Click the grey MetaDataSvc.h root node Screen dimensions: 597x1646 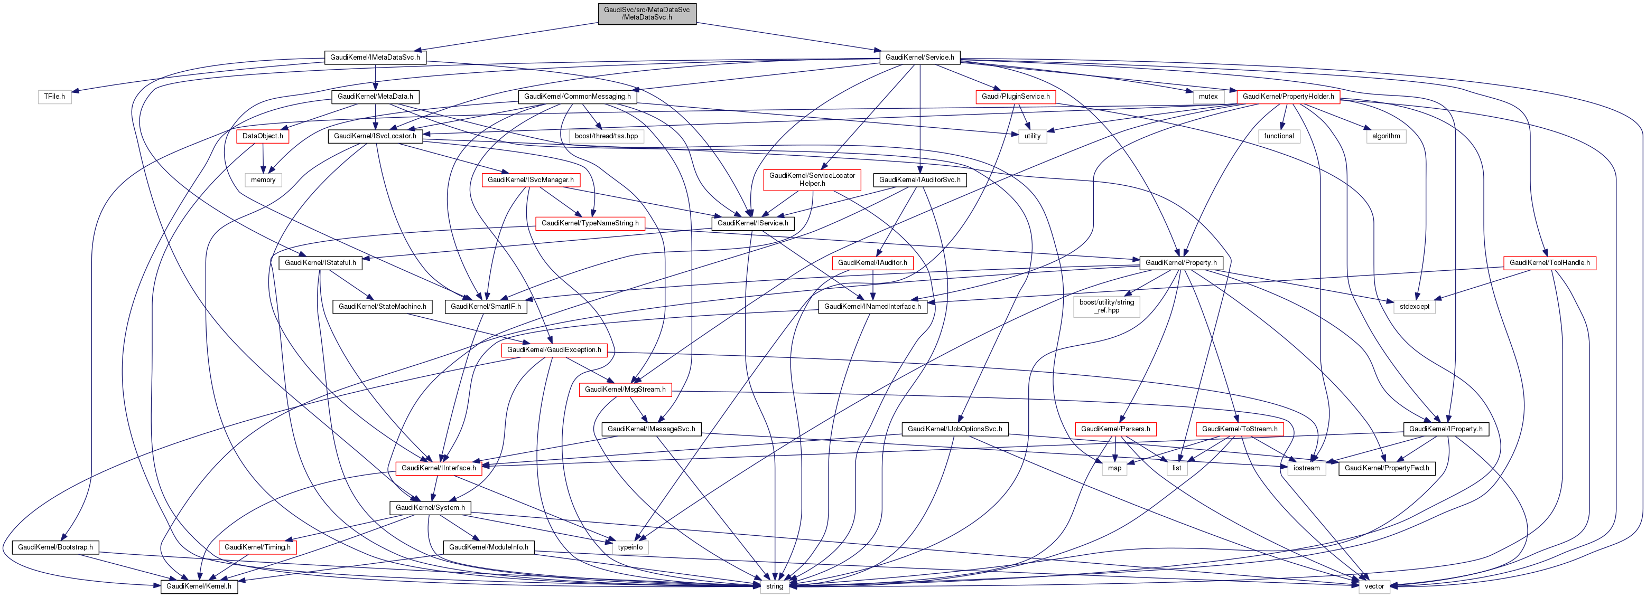click(x=647, y=13)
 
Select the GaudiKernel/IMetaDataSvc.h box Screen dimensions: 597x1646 click(x=375, y=58)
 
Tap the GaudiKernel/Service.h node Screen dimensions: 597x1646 click(x=919, y=58)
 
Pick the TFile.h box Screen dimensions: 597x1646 click(x=54, y=97)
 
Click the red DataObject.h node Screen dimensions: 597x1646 click(x=263, y=136)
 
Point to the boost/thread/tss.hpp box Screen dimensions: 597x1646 click(x=606, y=136)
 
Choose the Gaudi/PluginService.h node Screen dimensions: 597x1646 click(x=1015, y=97)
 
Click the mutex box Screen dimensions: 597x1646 click(x=1207, y=97)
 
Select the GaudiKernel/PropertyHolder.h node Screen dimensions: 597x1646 click(x=1288, y=97)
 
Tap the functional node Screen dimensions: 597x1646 click(x=1279, y=136)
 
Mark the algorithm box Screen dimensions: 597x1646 click(x=1386, y=136)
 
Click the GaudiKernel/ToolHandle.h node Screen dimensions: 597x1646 click(x=1549, y=262)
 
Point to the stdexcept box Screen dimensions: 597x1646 click(x=1414, y=307)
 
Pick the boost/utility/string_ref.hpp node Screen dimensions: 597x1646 click(x=1106, y=307)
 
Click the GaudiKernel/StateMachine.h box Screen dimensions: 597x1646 click(x=382, y=307)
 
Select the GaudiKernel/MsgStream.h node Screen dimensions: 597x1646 click(x=625, y=390)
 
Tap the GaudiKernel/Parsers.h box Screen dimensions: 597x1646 click(x=1115, y=429)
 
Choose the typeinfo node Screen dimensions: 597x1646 click(x=630, y=547)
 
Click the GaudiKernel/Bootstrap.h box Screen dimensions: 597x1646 click(x=55, y=547)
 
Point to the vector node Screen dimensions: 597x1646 click(x=1374, y=586)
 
